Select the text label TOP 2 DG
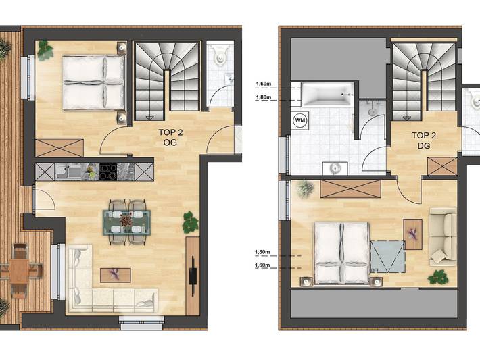424,139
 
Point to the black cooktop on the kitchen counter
108,172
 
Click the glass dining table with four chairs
127,220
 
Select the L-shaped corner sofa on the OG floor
101,284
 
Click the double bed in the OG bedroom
94,82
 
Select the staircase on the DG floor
423,78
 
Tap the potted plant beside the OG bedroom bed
45,49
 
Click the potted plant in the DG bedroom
438,276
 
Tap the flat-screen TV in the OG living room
193,274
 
